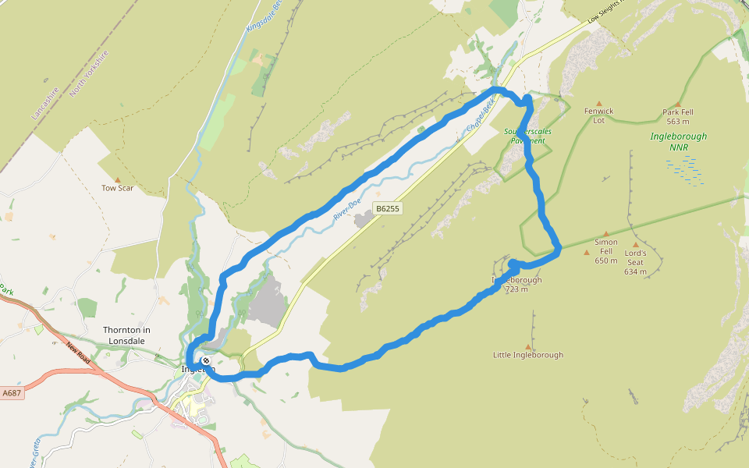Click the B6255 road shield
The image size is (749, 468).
coord(387,209)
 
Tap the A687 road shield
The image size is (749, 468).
coord(12,393)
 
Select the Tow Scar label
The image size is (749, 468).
coord(117,188)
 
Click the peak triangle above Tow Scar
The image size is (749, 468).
coord(117,179)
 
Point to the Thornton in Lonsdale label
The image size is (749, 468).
coord(126,335)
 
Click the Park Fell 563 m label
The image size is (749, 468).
coord(678,116)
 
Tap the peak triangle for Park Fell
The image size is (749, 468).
coord(678,104)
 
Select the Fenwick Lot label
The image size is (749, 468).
coord(599,115)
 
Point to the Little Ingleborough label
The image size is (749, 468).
coord(528,355)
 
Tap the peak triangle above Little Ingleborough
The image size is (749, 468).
coord(528,346)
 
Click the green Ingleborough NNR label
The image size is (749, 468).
coord(678,141)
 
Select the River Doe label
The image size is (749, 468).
coord(347,210)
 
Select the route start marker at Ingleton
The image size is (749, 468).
coord(204,362)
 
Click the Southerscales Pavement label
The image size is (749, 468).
coord(528,136)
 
